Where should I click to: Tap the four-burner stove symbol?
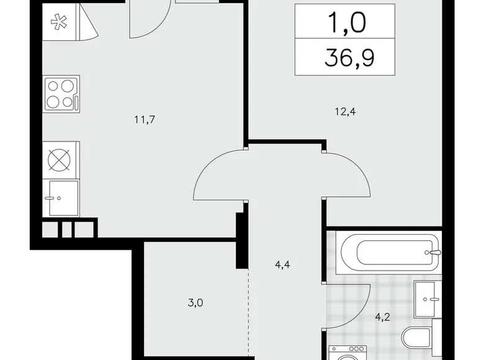[x=61, y=94]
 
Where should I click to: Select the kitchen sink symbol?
[x=61, y=197]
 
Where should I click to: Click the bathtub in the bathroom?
[x=390, y=252]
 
